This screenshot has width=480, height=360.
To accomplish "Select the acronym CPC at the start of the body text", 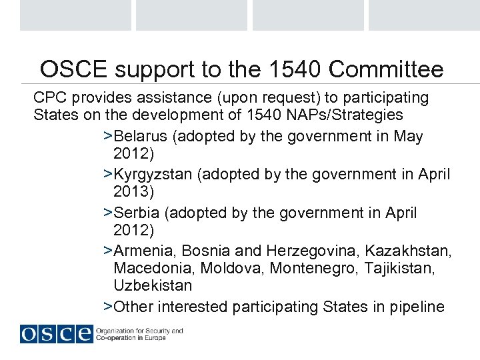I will pyautogui.click(x=48, y=98).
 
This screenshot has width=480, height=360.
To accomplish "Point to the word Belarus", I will pyautogui.click(x=141, y=137).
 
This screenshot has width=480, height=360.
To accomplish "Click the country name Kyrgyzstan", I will pyautogui.click(x=154, y=175).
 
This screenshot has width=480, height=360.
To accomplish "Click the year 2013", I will pyautogui.click(x=133, y=193).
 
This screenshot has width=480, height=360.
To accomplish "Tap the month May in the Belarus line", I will pyautogui.click(x=409, y=137).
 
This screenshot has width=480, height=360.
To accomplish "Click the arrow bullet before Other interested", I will pyautogui.click(x=108, y=307).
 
